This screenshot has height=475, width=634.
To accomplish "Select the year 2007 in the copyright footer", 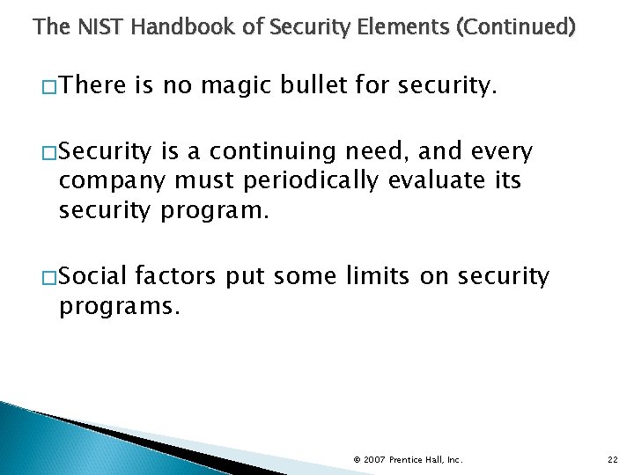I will pyautogui.click(x=374, y=460).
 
